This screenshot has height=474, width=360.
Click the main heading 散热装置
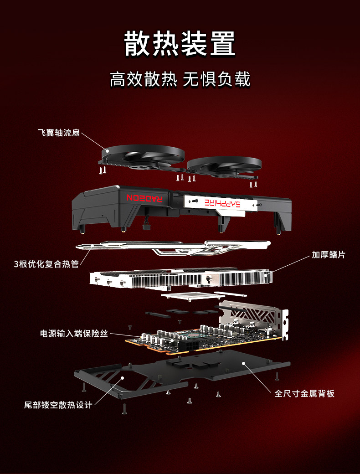(180, 44)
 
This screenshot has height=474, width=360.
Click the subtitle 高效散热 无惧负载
(180, 79)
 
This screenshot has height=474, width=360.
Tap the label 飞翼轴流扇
(59, 133)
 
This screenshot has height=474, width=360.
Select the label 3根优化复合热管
(46, 264)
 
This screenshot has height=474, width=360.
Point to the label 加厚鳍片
(328, 254)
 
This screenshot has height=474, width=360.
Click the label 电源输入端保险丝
(74, 334)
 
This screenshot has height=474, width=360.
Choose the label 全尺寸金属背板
(304, 393)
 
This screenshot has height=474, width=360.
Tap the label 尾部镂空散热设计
(58, 405)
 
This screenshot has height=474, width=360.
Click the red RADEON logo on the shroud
(144, 198)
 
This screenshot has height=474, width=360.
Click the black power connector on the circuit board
(189, 345)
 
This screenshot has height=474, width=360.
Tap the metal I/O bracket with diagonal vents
(254, 319)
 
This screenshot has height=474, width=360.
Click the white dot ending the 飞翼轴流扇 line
(107, 150)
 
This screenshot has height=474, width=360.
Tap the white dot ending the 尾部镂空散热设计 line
(122, 378)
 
